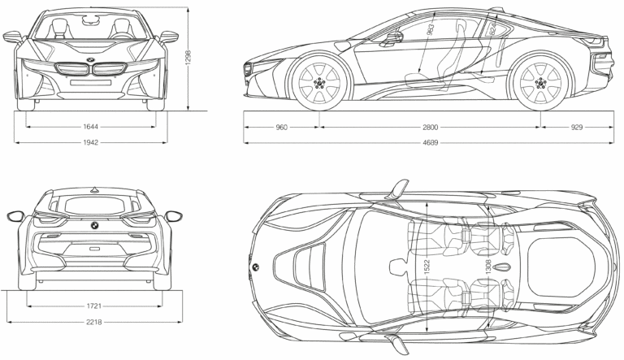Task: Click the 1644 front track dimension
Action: (90, 127)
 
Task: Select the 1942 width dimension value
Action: (90, 141)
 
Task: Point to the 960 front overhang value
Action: (282, 127)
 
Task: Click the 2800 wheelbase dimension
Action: (430, 127)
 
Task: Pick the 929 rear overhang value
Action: (577, 127)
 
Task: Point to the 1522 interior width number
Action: (427, 267)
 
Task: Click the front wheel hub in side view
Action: (318, 84)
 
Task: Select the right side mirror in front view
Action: (169, 37)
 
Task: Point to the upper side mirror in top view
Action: (398, 189)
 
